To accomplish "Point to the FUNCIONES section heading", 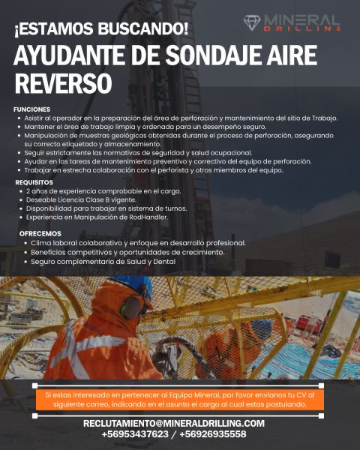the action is click(x=31, y=109).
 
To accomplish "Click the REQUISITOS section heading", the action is click(x=34, y=181).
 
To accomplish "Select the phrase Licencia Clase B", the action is click(x=85, y=199).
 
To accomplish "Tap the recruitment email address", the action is click(x=173, y=423).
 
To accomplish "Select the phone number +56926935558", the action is click(x=213, y=434).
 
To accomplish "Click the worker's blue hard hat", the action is click(x=139, y=283).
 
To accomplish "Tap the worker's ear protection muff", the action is click(x=130, y=306).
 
